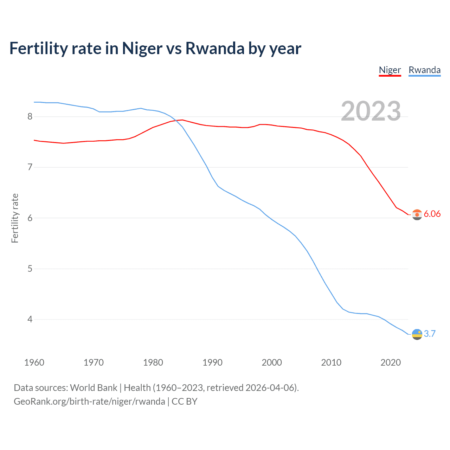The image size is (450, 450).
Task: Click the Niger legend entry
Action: (x=390, y=70)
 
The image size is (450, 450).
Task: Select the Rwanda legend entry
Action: (x=424, y=70)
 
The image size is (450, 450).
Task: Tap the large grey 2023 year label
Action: (x=371, y=111)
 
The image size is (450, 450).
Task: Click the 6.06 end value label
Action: (x=432, y=214)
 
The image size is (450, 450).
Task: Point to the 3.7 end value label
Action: (x=430, y=334)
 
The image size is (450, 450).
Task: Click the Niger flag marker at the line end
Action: (x=417, y=214)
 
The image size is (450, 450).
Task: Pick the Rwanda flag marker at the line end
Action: (x=417, y=334)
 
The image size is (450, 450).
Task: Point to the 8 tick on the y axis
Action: (x=30, y=116)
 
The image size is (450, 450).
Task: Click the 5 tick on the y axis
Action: (x=30, y=269)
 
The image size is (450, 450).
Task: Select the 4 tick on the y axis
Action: (x=30, y=320)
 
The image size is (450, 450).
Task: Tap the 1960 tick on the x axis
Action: (x=34, y=362)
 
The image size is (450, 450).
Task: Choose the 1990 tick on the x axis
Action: (x=212, y=362)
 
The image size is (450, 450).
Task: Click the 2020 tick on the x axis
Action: (x=391, y=362)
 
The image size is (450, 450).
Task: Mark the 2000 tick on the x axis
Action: (x=272, y=362)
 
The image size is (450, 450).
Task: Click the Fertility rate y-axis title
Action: (x=15, y=218)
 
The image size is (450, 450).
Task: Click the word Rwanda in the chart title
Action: (x=214, y=49)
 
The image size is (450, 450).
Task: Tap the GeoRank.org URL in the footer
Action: (x=89, y=401)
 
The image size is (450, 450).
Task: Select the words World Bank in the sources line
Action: (x=94, y=388)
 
